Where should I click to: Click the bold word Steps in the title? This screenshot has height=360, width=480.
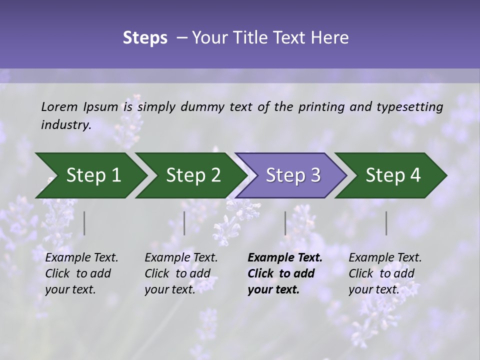pyautogui.click(x=145, y=38)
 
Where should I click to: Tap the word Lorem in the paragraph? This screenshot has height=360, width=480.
pyautogui.click(x=59, y=106)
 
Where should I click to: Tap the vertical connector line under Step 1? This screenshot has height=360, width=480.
pyautogui.click(x=84, y=223)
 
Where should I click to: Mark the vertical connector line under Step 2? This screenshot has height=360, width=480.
pyautogui.click(x=184, y=223)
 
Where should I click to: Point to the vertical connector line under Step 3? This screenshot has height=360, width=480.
pyautogui.click(x=285, y=223)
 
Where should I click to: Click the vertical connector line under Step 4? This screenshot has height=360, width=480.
pyautogui.click(x=386, y=223)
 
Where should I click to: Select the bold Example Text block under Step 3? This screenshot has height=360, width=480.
pyautogui.click(x=284, y=273)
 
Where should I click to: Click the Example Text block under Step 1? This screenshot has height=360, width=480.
pyautogui.click(x=81, y=273)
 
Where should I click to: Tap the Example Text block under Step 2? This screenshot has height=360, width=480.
pyautogui.click(x=181, y=273)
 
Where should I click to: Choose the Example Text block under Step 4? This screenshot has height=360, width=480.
pyautogui.click(x=385, y=273)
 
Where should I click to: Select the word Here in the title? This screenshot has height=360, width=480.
pyautogui.click(x=331, y=38)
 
